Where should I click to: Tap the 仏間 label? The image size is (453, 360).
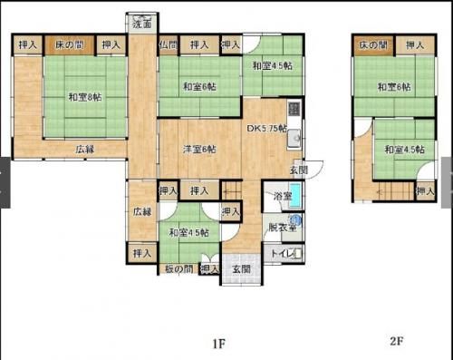(168, 44)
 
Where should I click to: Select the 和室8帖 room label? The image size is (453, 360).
(84, 97)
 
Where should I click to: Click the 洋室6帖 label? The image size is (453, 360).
(199, 150)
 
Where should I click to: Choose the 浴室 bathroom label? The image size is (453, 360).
(282, 196)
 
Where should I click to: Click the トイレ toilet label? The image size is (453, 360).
(282, 253)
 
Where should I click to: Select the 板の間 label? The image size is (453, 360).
(178, 268)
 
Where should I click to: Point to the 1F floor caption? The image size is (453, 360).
(218, 344)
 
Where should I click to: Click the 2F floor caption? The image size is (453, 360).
(396, 342)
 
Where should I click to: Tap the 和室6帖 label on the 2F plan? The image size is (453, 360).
(394, 87)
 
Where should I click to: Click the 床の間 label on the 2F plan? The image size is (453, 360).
(372, 44)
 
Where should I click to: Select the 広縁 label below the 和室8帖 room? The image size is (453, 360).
(85, 149)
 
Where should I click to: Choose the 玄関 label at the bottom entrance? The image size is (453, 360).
(240, 268)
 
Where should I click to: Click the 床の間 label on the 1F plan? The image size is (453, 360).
(69, 44)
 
